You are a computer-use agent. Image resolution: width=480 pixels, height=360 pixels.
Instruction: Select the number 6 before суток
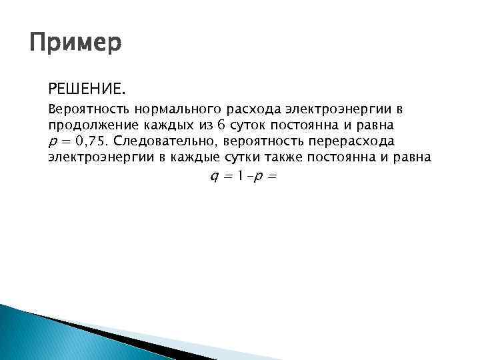point(201,125)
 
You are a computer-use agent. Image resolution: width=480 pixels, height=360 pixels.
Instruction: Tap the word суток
point(229,125)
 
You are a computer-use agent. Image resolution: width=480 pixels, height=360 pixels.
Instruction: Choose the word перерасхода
point(355,141)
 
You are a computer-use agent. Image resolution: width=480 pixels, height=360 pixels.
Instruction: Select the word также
point(288,158)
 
